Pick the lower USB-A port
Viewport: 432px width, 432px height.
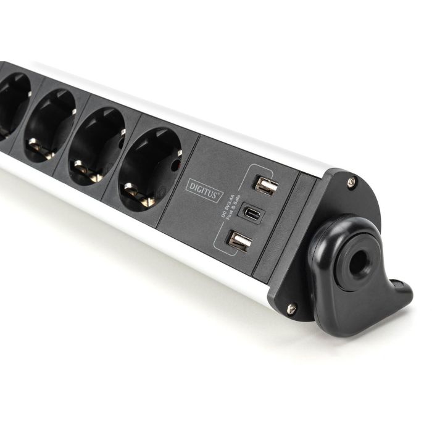point(239,241)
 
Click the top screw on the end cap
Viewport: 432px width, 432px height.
point(351,182)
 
